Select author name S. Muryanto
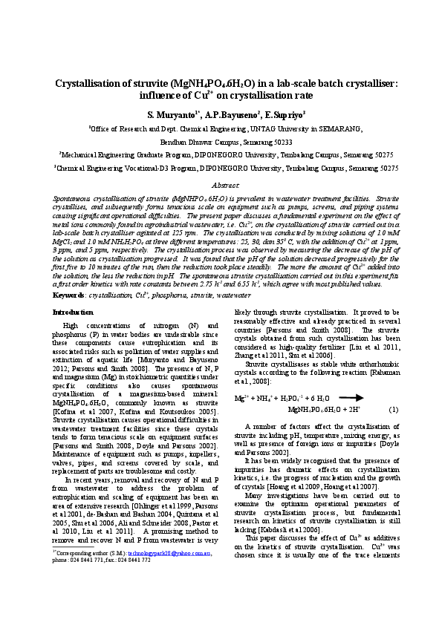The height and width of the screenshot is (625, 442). click(x=169, y=115)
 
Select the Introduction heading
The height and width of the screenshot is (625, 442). click(x=74, y=312)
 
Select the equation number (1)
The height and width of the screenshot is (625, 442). click(x=393, y=409)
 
